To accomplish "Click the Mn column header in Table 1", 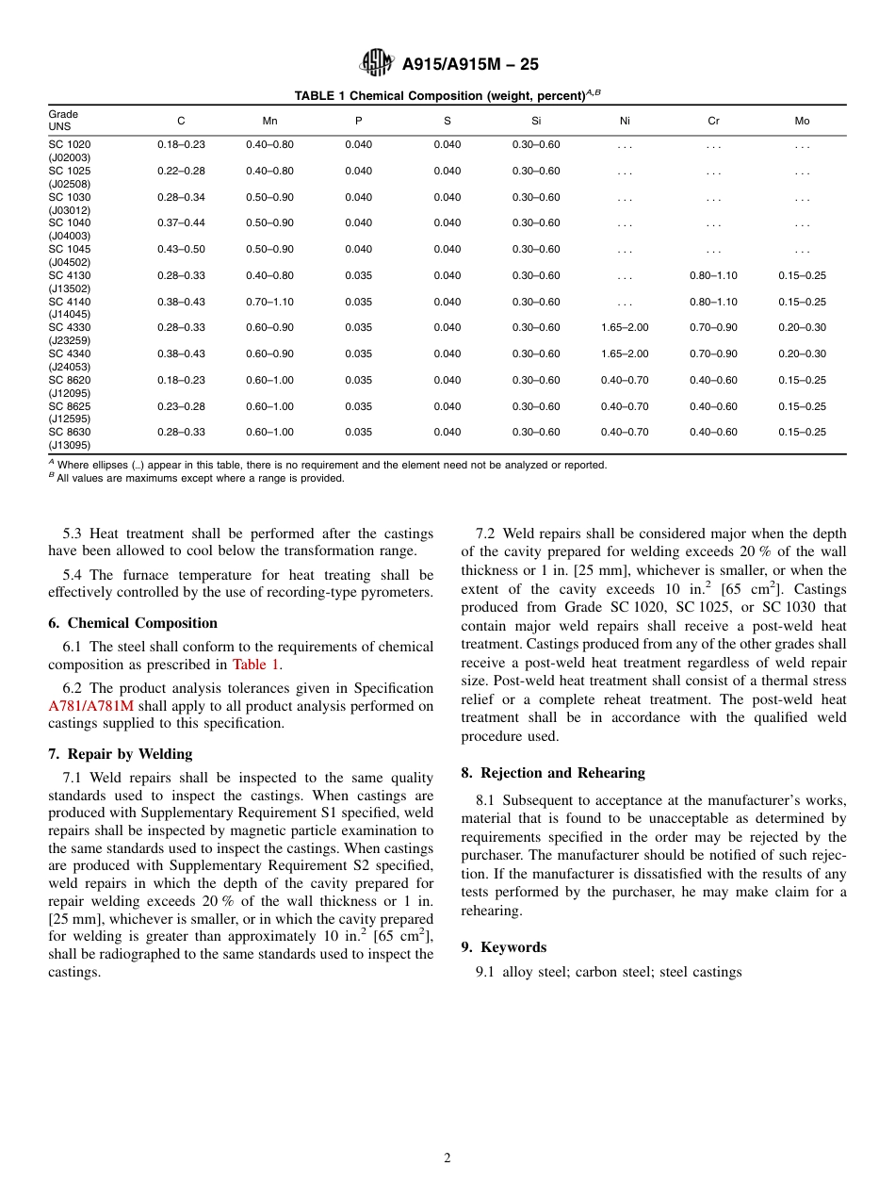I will tap(269, 121).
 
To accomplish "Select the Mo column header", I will tap(802, 121).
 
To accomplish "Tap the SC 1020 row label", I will tap(70, 144).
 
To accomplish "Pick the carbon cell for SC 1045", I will tap(181, 249).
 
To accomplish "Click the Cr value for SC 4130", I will tap(713, 275).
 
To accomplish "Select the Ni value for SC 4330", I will tap(625, 327).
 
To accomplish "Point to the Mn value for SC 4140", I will tap(269, 302).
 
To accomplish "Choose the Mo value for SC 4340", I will tap(802, 353).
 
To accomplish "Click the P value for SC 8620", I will tap(358, 380).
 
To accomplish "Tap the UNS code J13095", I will tap(70, 445).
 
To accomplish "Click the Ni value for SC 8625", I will tap(625, 406).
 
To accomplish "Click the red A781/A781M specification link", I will tap(91, 706).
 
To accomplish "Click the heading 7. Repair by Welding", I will tap(120, 754).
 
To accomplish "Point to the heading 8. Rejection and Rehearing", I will tap(553, 773).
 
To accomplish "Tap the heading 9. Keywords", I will tap(503, 947).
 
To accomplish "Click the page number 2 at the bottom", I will tap(447, 1158).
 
